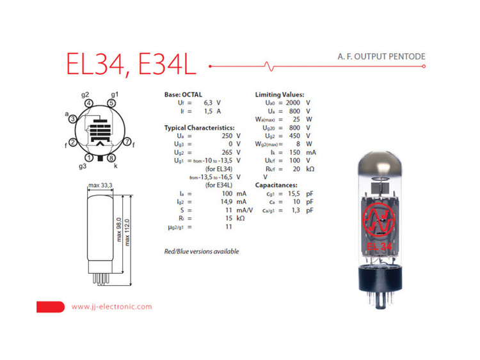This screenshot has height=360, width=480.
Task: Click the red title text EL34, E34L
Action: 131,63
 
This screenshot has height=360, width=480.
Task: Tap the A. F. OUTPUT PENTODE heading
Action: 381,56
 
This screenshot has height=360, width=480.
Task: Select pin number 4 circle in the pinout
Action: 88,104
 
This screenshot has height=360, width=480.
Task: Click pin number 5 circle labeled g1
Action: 111,103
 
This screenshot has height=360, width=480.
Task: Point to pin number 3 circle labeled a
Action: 72,119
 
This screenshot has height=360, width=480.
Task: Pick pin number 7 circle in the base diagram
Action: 127,142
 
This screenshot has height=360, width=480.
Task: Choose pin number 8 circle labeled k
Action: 111,158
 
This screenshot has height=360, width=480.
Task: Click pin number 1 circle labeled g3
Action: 89,158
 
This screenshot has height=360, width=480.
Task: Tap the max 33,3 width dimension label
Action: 100,185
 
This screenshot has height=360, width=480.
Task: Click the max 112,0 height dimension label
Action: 127,232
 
